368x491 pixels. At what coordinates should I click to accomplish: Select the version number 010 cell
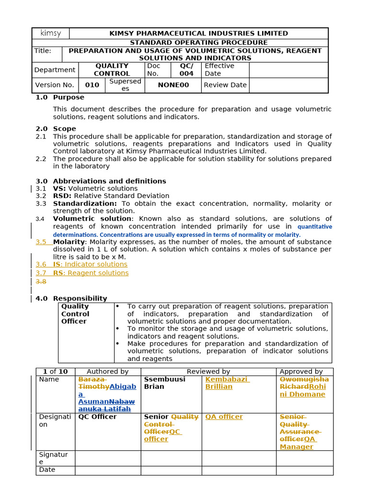point(92,85)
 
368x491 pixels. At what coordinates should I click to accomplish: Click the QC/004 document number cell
point(186,70)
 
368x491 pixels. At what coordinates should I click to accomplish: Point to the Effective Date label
point(219,70)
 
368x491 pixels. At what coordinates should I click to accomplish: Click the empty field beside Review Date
point(288,85)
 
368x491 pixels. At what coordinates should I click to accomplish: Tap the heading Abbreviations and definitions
point(109,181)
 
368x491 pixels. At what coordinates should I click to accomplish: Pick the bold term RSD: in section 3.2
point(62,196)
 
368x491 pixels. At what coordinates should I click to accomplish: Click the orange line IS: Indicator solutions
point(90,264)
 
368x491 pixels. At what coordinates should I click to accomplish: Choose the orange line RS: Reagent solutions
point(91,273)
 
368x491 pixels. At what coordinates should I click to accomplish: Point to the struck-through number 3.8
point(41,281)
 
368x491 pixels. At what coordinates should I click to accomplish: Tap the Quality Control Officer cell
point(75,314)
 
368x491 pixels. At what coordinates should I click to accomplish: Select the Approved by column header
point(301,372)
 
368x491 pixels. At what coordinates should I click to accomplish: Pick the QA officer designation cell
point(224,417)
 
